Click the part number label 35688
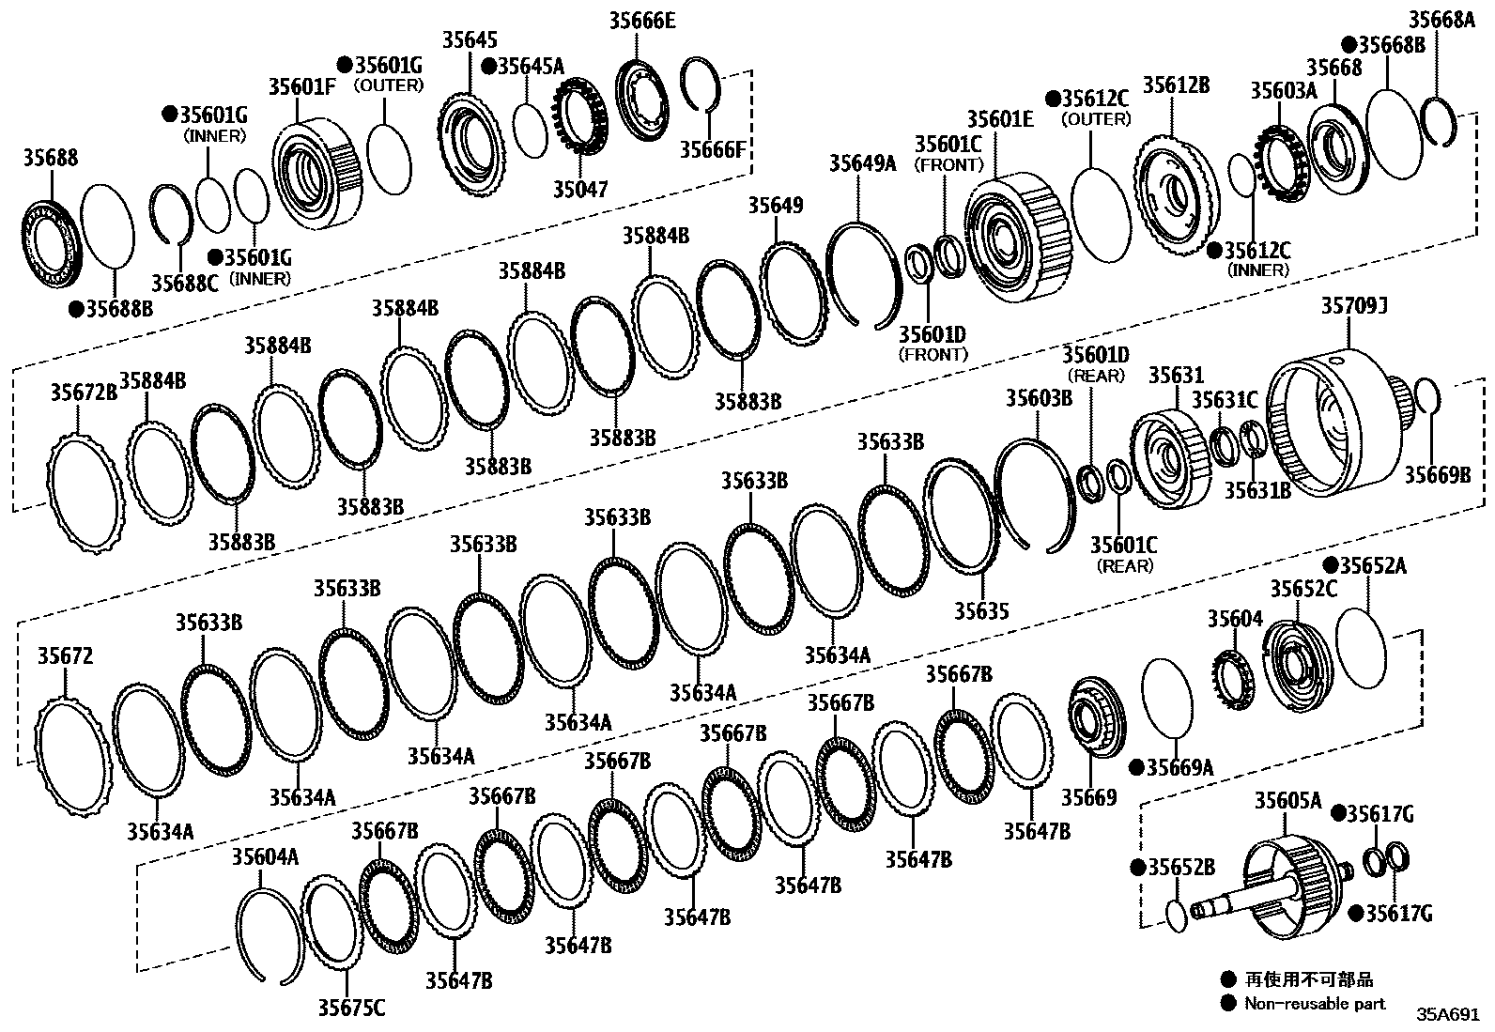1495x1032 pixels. click(x=51, y=158)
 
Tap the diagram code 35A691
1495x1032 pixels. click(x=1448, y=1015)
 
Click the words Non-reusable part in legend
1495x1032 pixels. click(x=1315, y=1003)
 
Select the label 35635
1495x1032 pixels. click(x=981, y=611)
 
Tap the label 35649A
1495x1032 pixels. click(x=862, y=163)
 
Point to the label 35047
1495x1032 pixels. click(x=579, y=190)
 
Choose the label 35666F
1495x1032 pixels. click(x=713, y=149)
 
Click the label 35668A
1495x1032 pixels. click(x=1441, y=20)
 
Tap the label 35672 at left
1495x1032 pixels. click(x=65, y=655)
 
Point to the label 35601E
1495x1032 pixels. click(x=1000, y=118)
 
